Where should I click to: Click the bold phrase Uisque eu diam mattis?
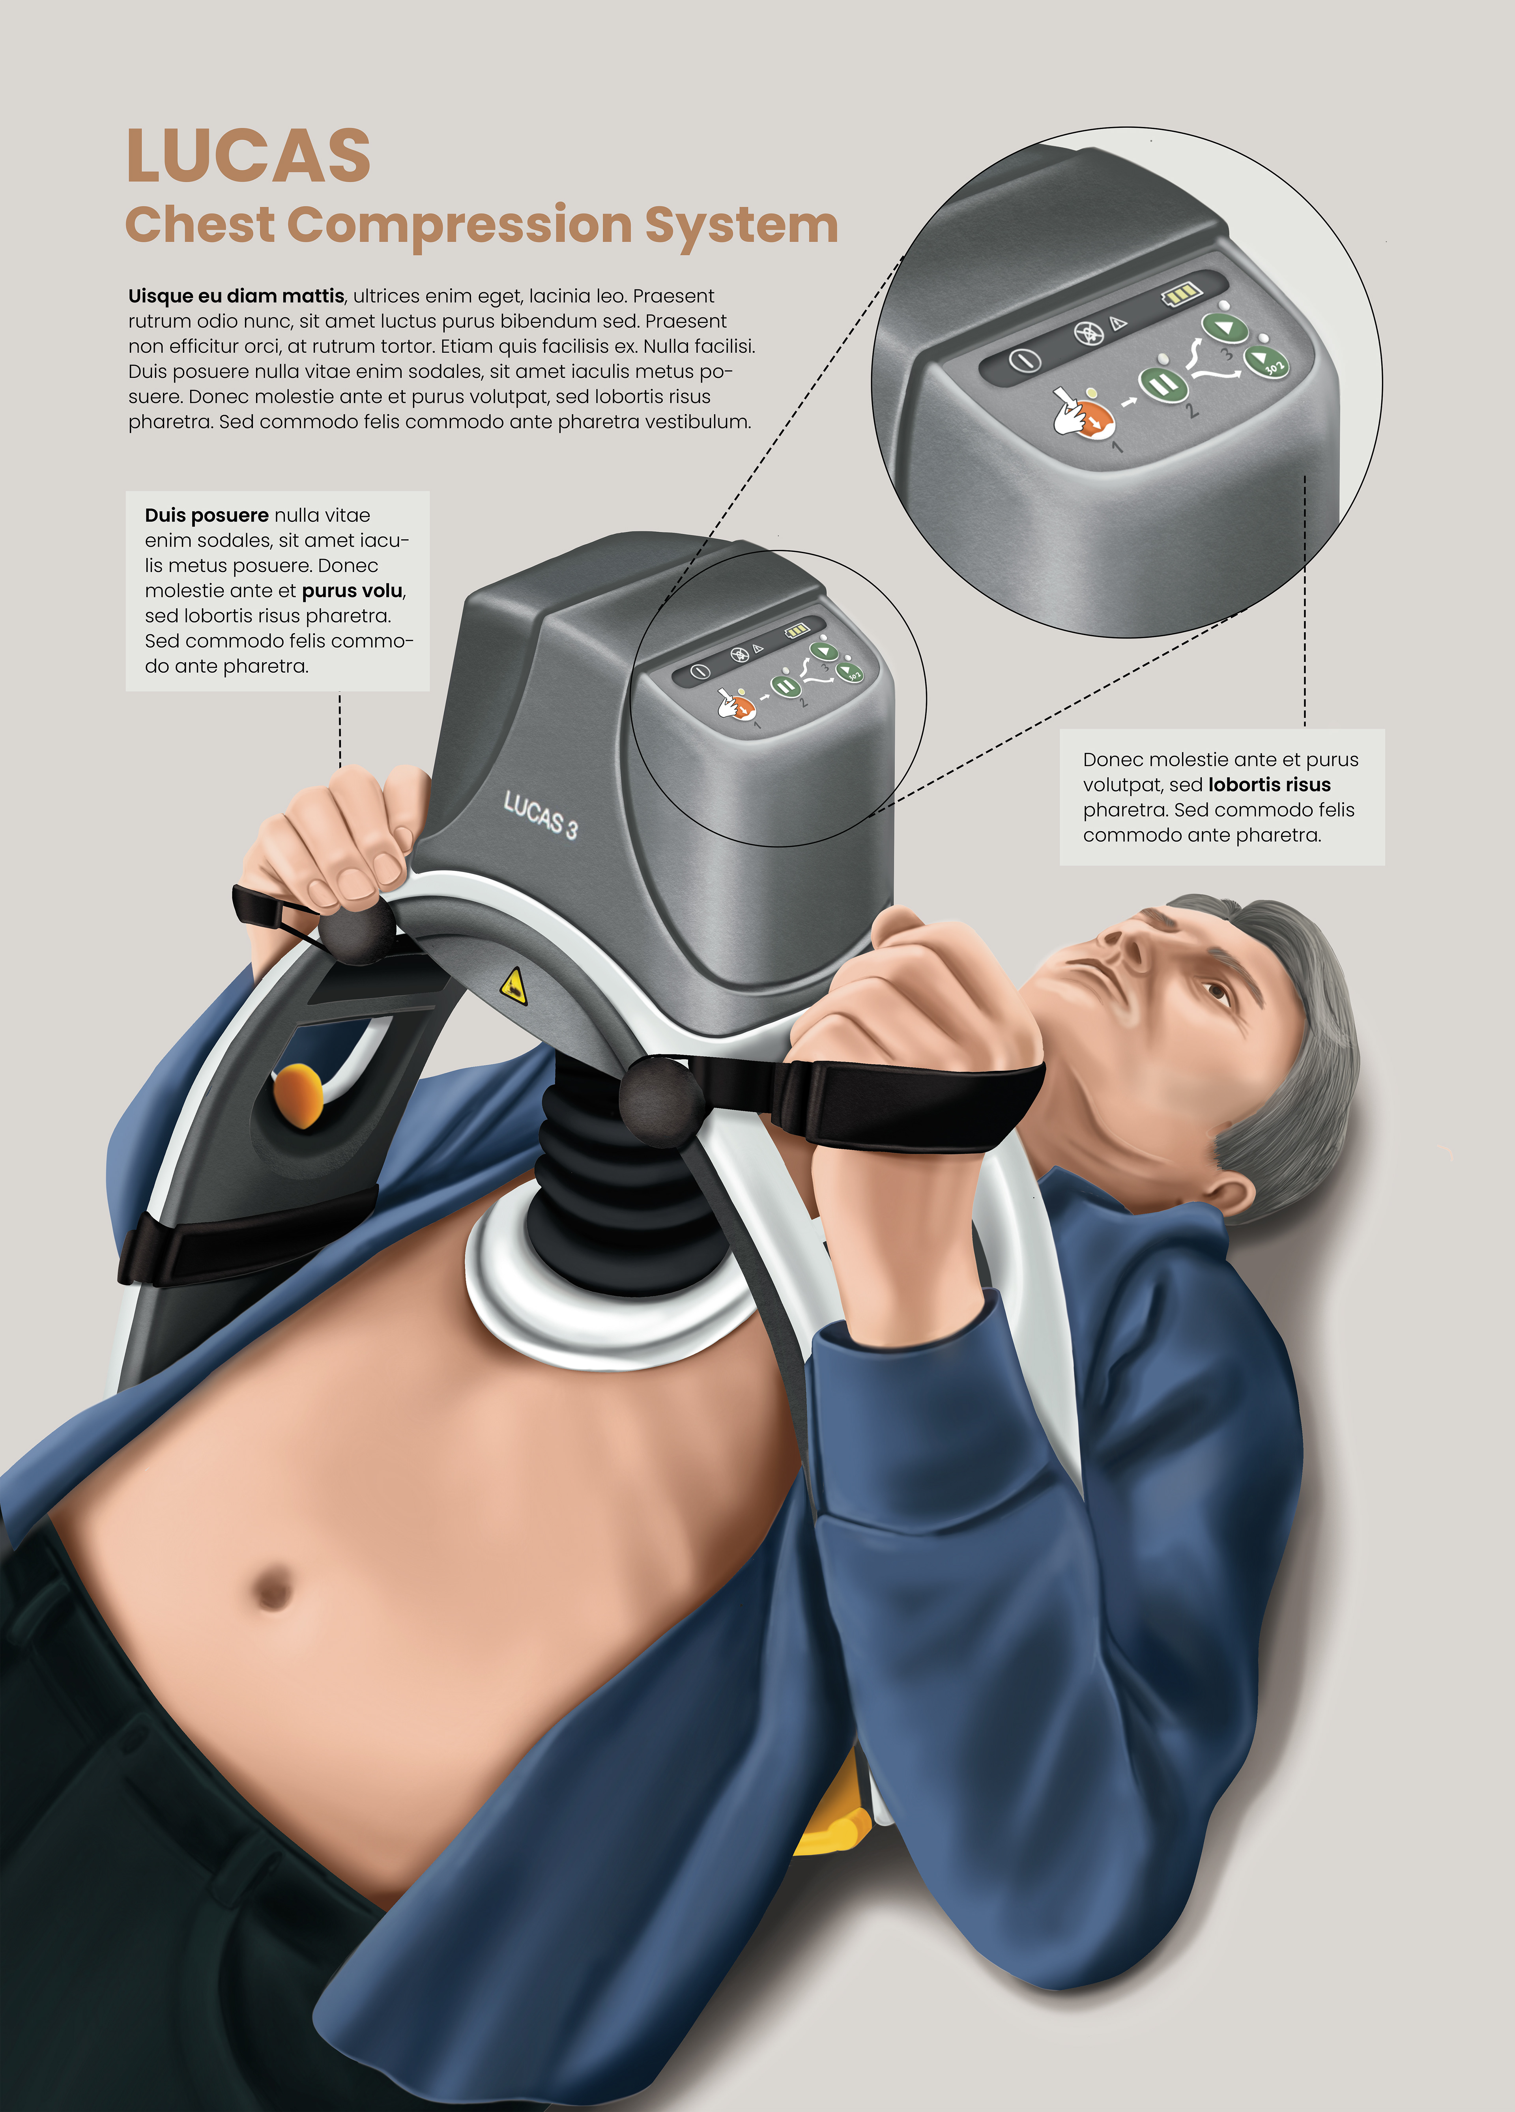236,296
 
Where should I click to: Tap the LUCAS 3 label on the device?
540,815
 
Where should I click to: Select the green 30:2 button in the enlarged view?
1266,361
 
